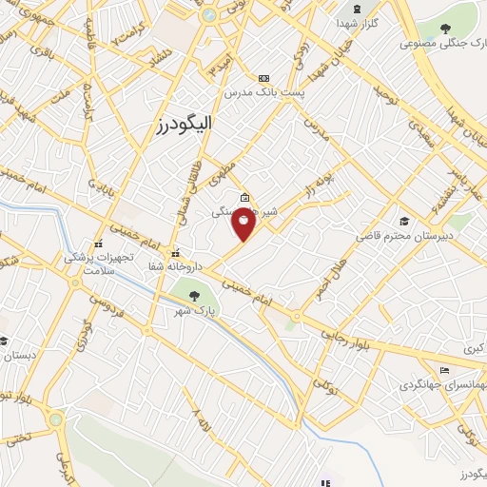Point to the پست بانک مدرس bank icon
[263, 78]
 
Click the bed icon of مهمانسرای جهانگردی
[444, 370]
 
